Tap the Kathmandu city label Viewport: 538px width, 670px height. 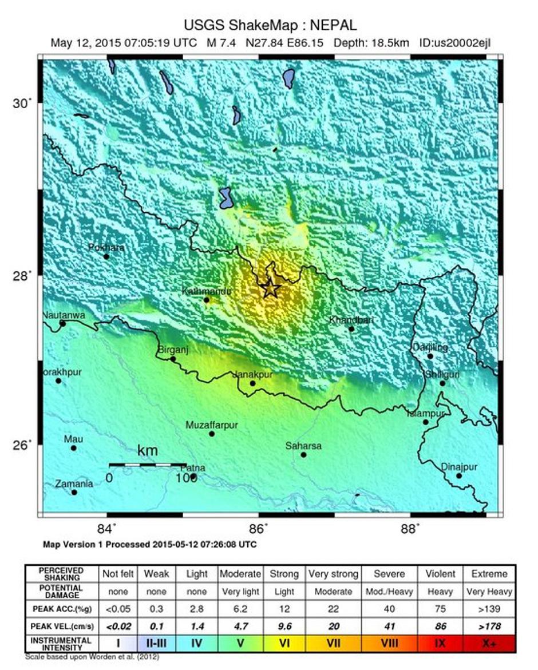point(206,291)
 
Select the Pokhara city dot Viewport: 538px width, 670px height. point(106,256)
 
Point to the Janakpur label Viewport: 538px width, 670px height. point(252,374)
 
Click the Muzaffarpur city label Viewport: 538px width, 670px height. point(211,425)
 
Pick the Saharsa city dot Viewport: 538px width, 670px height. point(303,455)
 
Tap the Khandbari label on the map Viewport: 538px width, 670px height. point(351,320)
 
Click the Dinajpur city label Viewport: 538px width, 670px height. point(459,467)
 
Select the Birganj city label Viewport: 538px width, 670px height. point(173,350)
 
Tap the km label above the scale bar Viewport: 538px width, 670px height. point(147,451)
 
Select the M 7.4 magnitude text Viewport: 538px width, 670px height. point(221,43)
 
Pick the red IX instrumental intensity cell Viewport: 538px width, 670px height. point(440,643)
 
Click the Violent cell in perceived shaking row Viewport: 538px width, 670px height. point(440,574)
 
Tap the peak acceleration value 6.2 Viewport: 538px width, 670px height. point(240,609)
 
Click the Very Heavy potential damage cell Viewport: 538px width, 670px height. point(489,592)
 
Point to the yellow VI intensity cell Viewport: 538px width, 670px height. point(284,643)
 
